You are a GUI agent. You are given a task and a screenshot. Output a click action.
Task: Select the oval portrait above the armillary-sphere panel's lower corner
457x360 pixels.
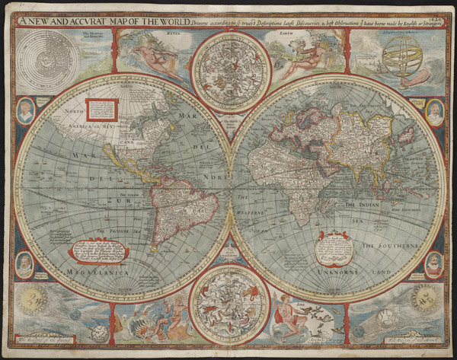[x=434, y=111]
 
